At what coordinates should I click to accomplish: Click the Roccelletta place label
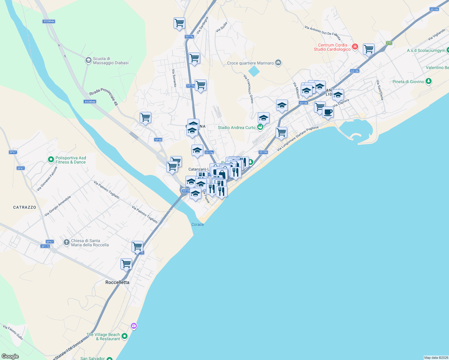[117, 282]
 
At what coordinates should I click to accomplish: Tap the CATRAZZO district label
[25, 207]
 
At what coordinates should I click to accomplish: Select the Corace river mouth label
[197, 224]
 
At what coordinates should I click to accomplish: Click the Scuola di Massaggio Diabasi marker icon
[88, 60]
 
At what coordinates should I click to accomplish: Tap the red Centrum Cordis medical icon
[355, 46]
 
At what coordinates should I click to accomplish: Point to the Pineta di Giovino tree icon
[429, 81]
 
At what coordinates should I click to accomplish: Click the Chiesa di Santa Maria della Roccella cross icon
[67, 242]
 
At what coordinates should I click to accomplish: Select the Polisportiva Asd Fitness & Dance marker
[51, 160]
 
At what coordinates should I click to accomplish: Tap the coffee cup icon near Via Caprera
[328, 112]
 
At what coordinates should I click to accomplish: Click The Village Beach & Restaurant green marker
[125, 336]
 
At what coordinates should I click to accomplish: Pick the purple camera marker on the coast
[134, 326]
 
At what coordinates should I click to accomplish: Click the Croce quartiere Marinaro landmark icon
[278, 63]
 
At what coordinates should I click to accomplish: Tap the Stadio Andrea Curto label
[237, 127]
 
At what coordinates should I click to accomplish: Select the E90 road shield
[389, 43]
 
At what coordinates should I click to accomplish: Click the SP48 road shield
[158, 139]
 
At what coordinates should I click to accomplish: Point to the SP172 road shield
[45, 246]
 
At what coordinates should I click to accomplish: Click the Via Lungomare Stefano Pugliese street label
[297, 139]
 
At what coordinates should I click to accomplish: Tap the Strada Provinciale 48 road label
[104, 96]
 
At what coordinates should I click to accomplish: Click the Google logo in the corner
[10, 356]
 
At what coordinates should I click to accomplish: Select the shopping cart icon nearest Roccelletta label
[126, 264]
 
